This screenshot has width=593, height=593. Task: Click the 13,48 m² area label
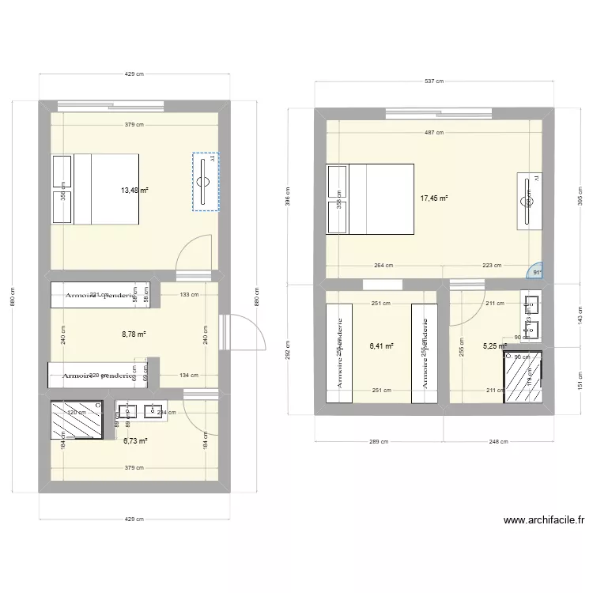click(x=135, y=190)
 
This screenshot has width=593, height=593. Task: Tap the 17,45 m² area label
click(x=434, y=198)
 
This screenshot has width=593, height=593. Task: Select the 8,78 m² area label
click(x=134, y=334)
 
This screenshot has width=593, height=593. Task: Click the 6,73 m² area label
click(x=135, y=441)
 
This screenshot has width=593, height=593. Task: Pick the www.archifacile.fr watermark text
click(x=544, y=520)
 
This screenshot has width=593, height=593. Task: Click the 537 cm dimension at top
click(x=434, y=81)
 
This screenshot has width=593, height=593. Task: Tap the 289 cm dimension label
click(x=379, y=442)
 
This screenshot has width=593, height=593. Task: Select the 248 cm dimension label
click(x=498, y=442)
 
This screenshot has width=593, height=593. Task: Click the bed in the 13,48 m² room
click(x=96, y=188)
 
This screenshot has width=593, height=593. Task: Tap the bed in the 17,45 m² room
click(x=370, y=198)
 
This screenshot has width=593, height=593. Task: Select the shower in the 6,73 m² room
click(x=77, y=419)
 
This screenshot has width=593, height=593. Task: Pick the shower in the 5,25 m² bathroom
click(x=523, y=377)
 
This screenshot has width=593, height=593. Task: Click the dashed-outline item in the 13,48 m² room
click(x=206, y=182)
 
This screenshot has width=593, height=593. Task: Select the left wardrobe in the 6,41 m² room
click(x=339, y=346)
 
